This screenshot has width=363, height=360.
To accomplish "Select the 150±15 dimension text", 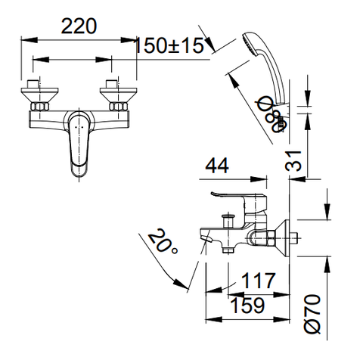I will (x=170, y=45).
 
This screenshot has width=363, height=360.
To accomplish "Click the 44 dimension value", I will (x=217, y=166).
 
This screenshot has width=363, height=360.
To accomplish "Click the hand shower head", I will (x=256, y=45).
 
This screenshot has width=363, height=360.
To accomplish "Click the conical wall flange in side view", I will (x=284, y=235).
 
